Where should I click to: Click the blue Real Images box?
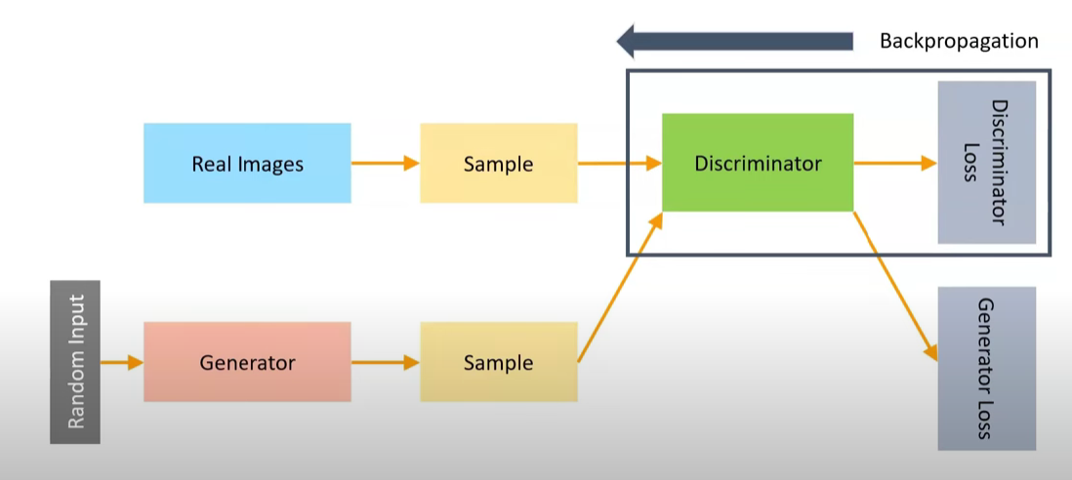247,163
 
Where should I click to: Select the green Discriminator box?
758,163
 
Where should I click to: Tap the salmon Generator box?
247,363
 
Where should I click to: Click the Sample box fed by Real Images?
498,163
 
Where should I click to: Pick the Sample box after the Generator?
498,363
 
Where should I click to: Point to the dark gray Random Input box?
75,362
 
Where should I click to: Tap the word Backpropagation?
959,41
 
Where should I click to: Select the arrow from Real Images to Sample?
385,163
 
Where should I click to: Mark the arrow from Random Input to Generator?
121,363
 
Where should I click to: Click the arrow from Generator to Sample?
385,363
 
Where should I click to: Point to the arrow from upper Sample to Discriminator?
619,163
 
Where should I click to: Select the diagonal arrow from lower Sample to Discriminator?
621,288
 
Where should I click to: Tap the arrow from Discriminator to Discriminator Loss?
894,163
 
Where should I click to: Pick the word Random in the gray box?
75,395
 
